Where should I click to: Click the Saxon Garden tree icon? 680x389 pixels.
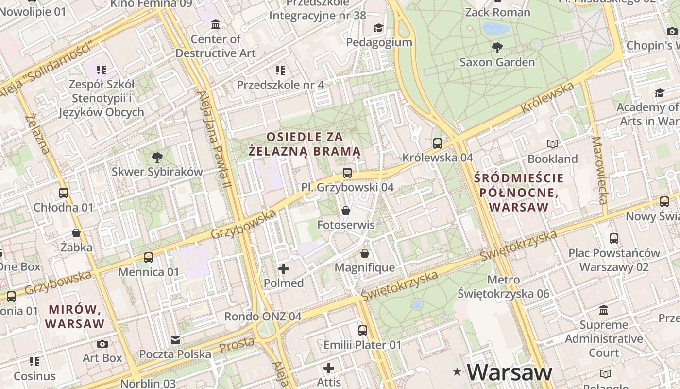pyautogui.click(x=497, y=48)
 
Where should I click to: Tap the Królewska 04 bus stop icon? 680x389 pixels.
pyautogui.click(x=438, y=143)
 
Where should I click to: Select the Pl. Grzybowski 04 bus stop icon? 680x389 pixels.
pyautogui.click(x=347, y=173)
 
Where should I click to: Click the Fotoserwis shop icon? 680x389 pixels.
pyautogui.click(x=346, y=211)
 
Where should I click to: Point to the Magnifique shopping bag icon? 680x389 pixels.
pyautogui.click(x=365, y=253)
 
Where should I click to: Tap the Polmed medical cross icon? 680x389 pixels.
pyautogui.click(x=284, y=268)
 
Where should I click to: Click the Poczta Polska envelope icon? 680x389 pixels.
pyautogui.click(x=175, y=339)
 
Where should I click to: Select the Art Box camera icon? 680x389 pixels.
pyautogui.click(x=102, y=344)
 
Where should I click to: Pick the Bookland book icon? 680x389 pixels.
pyautogui.click(x=553, y=144)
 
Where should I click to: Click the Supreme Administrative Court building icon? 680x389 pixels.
pyautogui.click(x=604, y=310)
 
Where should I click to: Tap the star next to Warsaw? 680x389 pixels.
pyautogui.click(x=457, y=372)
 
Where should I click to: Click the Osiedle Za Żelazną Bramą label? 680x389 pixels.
pyautogui.click(x=305, y=144)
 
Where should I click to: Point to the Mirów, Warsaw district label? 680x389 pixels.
pyautogui.click(x=76, y=316)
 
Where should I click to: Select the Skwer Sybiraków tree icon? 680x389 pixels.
pyautogui.click(x=157, y=157)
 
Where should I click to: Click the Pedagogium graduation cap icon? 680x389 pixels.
pyautogui.click(x=379, y=28)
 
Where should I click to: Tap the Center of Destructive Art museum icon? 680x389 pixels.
pyautogui.click(x=216, y=24)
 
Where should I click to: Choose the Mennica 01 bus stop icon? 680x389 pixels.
pyautogui.click(x=149, y=257)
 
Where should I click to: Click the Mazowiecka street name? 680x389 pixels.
pyautogui.click(x=600, y=170)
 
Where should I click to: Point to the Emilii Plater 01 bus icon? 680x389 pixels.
pyautogui.click(x=363, y=331)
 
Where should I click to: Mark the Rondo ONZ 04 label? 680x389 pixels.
pyautogui.click(x=263, y=317)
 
